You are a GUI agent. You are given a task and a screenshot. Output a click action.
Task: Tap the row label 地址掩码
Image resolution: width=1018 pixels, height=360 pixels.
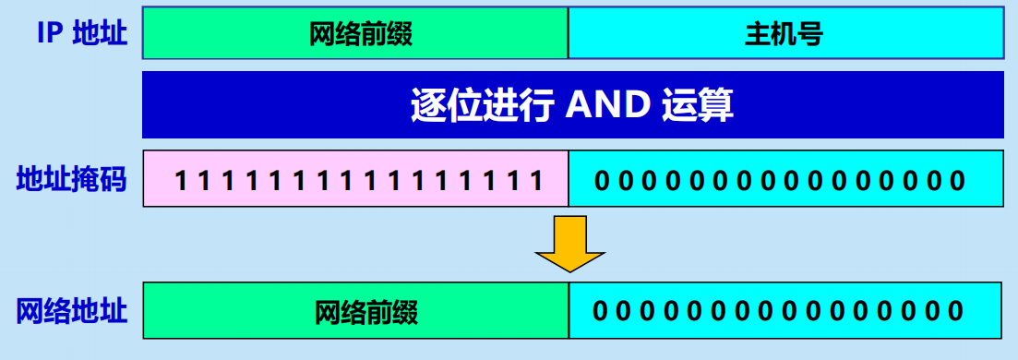pos(72,179)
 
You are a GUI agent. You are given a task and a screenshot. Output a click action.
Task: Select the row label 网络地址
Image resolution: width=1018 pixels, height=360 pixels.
pos(72,310)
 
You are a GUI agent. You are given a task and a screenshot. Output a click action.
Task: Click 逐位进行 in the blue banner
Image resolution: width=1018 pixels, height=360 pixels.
pos(482,106)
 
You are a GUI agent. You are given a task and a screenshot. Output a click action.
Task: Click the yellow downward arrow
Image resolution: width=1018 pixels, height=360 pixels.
pos(569,243)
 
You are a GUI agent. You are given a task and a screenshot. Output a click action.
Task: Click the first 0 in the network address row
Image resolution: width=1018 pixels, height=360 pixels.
pos(602,311)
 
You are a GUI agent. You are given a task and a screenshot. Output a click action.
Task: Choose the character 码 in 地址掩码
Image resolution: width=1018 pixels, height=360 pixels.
pos(114,179)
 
